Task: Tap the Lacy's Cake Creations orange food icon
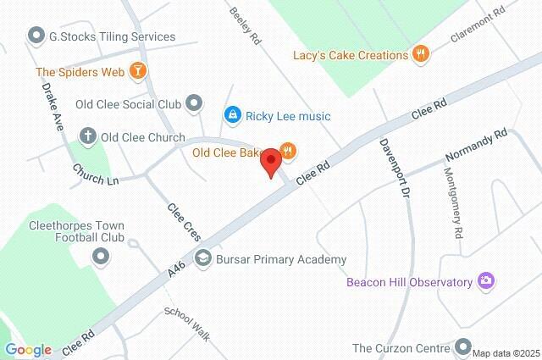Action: (421, 55)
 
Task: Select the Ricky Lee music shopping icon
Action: (231, 114)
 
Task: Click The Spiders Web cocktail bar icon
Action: (137, 71)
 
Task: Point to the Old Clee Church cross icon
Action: (86, 136)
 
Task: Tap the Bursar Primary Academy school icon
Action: (202, 258)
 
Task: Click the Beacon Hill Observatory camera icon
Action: (486, 280)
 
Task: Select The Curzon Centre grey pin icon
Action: (462, 346)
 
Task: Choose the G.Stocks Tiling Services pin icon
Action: (36, 36)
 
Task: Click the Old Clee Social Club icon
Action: (195, 103)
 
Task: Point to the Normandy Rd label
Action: (477, 146)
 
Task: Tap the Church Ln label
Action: (95, 174)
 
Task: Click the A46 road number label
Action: (176, 269)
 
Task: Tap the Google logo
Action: (28, 349)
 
